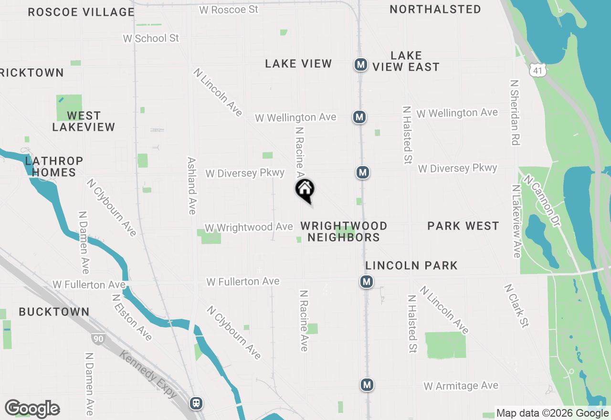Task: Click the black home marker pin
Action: tap(305, 190)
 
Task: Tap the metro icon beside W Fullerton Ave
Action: tap(367, 282)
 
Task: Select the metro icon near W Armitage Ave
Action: tap(367, 384)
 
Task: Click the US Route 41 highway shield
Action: tap(537, 71)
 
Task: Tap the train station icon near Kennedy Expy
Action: tap(196, 403)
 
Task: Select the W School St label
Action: tap(151, 38)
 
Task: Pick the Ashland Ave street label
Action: tap(192, 186)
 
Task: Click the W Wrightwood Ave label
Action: tap(248, 227)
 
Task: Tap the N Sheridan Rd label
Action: tap(515, 112)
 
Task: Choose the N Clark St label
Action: tap(516, 306)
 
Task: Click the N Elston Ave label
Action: tap(132, 317)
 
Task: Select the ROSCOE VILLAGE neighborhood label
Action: tap(81, 12)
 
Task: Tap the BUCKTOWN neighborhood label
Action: tap(54, 312)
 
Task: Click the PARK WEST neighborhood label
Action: tap(463, 226)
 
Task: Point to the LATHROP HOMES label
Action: tap(54, 167)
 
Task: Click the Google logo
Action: tap(32, 409)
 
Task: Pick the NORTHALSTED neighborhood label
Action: tap(435, 9)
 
